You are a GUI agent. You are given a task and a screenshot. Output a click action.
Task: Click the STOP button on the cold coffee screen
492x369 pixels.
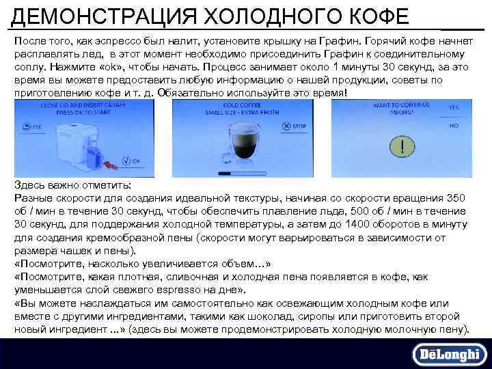(x=296, y=127)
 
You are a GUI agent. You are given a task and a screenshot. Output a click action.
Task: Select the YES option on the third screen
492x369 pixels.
(x=453, y=108)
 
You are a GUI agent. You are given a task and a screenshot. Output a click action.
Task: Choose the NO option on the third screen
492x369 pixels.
(x=453, y=126)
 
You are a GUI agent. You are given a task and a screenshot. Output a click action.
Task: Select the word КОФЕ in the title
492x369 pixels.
(x=374, y=16)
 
